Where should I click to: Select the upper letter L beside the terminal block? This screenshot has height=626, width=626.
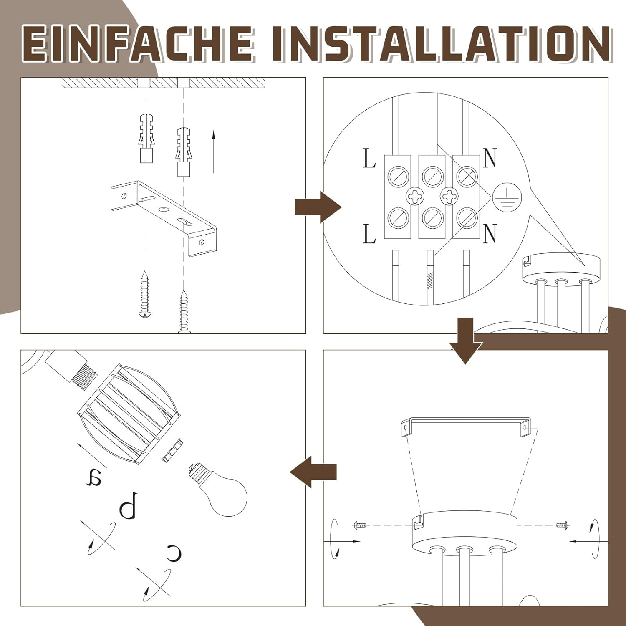coord(369,159)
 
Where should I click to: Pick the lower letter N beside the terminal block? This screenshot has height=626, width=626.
coord(490,233)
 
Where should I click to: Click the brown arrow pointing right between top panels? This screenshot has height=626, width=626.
coord(318,207)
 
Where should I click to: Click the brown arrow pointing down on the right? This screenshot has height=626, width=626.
coord(466,341)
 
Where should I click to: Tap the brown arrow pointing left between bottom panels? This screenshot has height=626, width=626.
coord(313,472)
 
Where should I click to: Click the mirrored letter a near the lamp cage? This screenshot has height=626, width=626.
coord(94,477)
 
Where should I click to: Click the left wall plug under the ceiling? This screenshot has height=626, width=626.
coord(146,137)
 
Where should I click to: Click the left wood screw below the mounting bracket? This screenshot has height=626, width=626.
coord(145,294)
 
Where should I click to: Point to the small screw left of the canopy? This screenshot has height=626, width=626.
coord(359,525)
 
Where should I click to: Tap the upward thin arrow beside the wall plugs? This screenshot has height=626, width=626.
coord(213,151)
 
